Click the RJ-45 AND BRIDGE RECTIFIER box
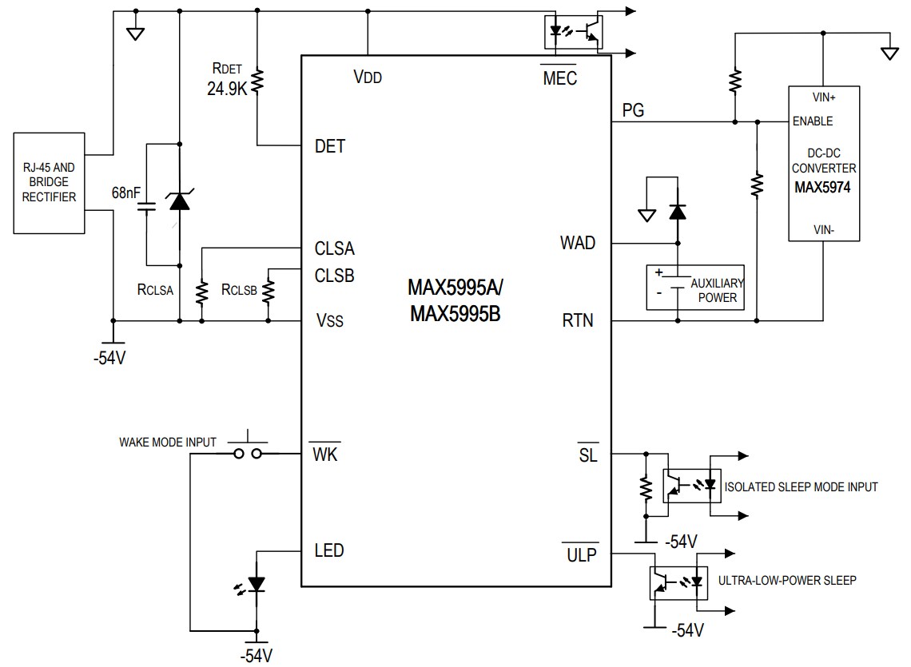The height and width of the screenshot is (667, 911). pos(50,184)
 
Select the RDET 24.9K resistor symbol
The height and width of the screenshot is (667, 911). pos(257,81)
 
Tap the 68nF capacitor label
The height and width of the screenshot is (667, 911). pos(127,193)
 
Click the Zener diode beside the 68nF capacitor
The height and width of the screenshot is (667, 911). pos(180,200)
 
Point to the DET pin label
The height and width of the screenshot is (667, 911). pos(330,146)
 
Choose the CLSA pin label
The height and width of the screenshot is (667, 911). pos(334,248)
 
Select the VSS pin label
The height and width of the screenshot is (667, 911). pos(330,321)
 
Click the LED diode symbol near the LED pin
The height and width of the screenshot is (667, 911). pos(256,585)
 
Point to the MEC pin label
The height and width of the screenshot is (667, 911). pos(559,77)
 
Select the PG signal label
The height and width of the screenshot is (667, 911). pos(633,109)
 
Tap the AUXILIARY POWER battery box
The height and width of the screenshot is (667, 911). pos(694,288)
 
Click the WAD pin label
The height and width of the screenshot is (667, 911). pos(578,243)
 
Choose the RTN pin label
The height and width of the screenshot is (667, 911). pos(578,321)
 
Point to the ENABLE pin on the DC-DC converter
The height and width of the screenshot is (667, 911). pos(812,121)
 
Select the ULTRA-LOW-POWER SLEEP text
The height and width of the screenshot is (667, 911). pos(786,580)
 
